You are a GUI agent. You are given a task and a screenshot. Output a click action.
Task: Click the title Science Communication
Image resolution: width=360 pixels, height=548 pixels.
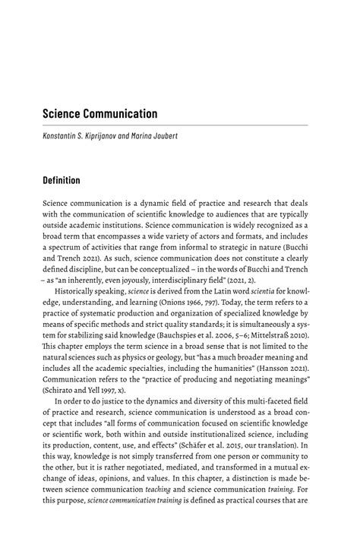coord(99,114)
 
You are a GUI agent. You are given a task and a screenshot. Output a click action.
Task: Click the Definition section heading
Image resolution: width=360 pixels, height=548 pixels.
coord(67,181)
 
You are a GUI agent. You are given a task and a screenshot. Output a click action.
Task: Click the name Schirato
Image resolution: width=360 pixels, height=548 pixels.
coord(65,387)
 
